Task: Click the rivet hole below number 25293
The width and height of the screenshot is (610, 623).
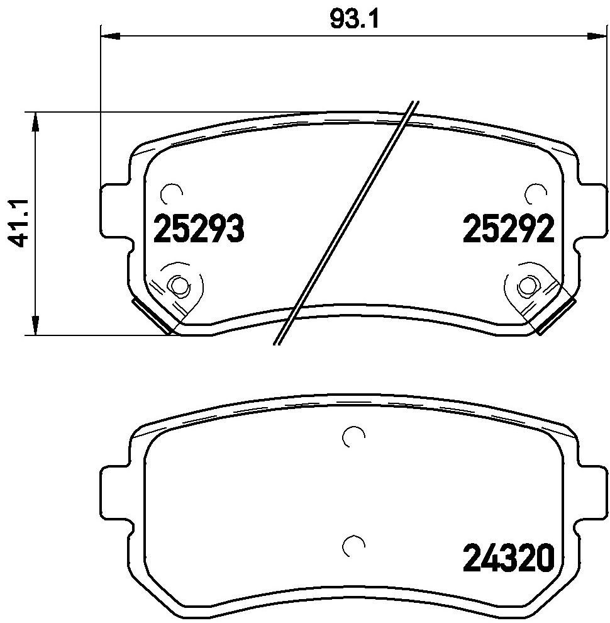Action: [x=180, y=286]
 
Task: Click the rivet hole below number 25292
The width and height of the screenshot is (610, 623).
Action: [x=526, y=286]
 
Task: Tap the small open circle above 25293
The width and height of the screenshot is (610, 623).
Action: [x=170, y=193]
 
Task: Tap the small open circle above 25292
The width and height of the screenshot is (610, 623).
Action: [x=535, y=193]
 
